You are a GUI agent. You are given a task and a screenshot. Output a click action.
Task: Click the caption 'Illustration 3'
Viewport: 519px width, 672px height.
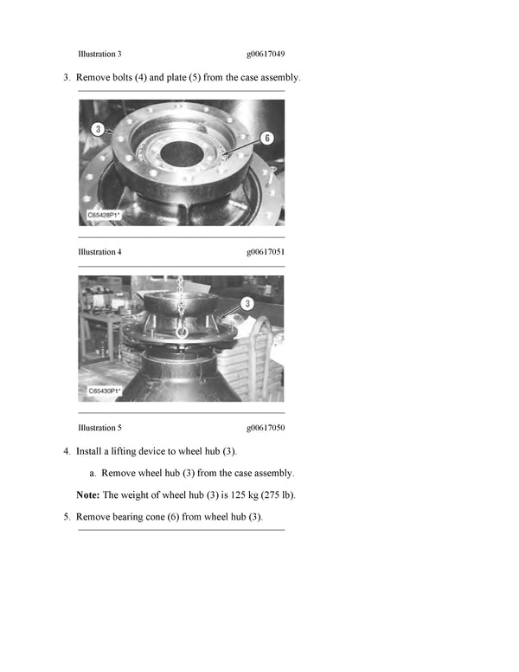point(99,54)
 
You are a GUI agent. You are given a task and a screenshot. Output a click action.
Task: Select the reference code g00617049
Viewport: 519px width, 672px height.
point(266,54)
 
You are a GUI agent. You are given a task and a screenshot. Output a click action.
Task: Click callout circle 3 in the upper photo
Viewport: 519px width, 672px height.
point(99,129)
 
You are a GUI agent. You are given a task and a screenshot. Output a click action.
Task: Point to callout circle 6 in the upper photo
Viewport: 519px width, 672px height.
point(266,138)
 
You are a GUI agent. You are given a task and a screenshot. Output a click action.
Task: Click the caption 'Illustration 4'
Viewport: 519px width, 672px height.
point(99,252)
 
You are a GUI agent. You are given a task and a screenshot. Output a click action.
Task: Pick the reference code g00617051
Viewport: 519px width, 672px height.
point(266,252)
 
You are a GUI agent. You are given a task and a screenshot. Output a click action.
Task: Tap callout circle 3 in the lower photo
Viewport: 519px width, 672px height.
point(247,303)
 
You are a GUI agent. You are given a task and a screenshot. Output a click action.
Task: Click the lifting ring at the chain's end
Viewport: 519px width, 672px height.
point(183,330)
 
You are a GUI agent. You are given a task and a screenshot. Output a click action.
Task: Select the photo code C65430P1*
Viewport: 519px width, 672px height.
point(105,391)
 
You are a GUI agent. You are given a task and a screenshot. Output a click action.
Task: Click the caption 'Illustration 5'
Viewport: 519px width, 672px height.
point(99,428)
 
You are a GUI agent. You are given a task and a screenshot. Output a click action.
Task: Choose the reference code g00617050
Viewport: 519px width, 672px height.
point(266,428)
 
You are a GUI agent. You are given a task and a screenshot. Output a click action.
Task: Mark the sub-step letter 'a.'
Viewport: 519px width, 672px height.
point(93,474)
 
